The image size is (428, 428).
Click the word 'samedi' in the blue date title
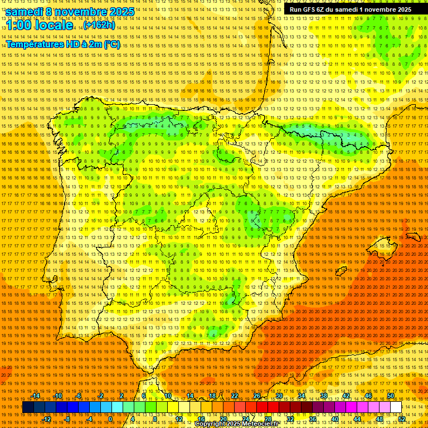[x=26, y=12]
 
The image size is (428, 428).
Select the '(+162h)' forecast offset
[x=99, y=25]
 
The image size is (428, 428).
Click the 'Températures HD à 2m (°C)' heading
[x=62, y=45]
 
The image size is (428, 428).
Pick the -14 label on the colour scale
[x=36, y=396]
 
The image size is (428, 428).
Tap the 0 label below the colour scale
[x=110, y=419]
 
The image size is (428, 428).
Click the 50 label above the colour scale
[x=391, y=396]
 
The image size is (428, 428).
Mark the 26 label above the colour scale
[x=257, y=396]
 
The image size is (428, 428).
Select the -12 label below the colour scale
[x=47, y=419]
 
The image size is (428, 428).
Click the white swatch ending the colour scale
[x=396, y=407]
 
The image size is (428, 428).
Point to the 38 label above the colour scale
[x=324, y=396]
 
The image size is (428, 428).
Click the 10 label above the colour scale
[x=168, y=396]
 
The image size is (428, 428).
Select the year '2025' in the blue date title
[x=121, y=12]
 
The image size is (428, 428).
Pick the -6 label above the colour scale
[x=79, y=396]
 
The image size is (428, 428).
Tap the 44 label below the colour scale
[x=357, y=419]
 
